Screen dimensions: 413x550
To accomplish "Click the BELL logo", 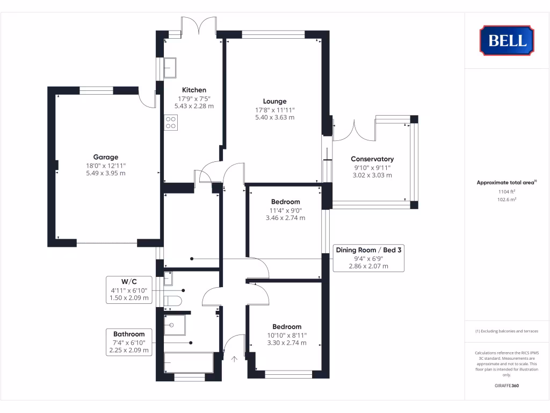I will (506, 40).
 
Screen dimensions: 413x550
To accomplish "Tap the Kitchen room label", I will (194, 90).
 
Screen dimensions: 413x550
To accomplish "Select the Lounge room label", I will (274, 101).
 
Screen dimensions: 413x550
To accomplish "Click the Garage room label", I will (106, 157).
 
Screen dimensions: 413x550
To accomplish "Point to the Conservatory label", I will (372, 159).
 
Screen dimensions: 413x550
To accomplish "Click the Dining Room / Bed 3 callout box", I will (368, 258).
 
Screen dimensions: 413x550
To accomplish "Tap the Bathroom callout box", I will (129, 342).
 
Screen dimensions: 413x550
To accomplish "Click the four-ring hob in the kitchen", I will (171, 123).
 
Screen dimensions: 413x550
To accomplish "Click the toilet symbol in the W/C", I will (173, 300).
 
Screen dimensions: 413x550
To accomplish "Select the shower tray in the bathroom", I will (175, 325).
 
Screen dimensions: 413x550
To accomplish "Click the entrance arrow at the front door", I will (234, 359).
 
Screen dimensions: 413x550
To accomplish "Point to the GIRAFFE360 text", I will (506, 386).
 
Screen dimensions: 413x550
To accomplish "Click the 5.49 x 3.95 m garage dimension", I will (106, 173).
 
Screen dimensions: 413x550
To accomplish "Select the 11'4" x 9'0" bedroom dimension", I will (286, 210).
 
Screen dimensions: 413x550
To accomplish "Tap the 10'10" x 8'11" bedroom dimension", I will (287, 335).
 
